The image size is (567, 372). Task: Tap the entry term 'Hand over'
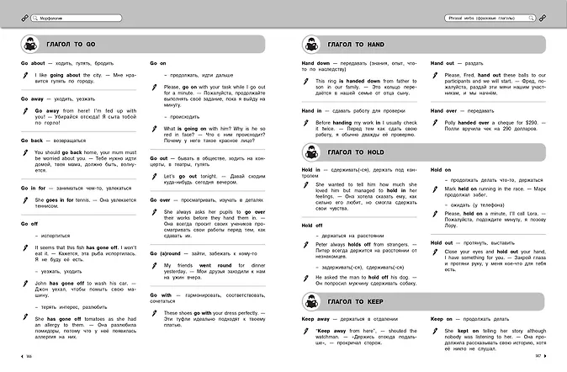(x=446, y=110)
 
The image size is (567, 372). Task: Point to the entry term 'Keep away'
(x=317, y=320)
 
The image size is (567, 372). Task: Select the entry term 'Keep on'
(x=442, y=320)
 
